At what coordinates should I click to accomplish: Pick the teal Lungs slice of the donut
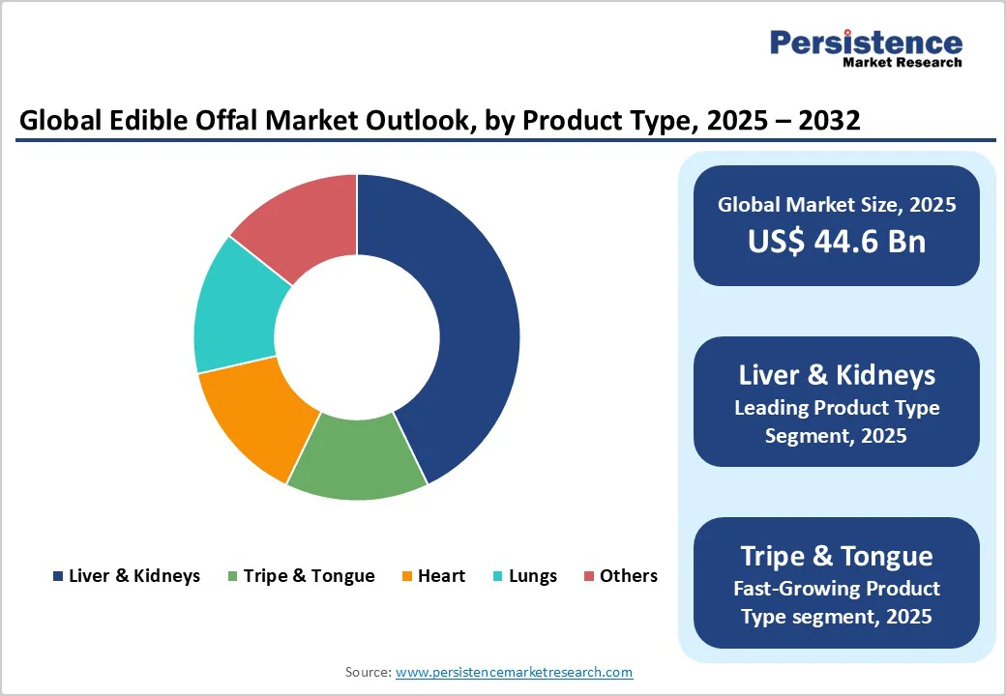click(x=236, y=307)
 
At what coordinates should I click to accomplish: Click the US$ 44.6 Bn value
click(x=837, y=242)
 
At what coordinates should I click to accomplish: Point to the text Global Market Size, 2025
click(x=837, y=205)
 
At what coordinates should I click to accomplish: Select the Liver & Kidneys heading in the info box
click(x=837, y=375)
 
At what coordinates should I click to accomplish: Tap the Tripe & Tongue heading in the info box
click(x=837, y=556)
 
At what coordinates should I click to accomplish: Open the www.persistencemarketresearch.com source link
click(x=515, y=672)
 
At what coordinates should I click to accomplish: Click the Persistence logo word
click(x=866, y=43)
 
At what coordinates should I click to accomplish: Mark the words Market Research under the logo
click(x=902, y=63)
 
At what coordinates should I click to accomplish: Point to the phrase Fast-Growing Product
click(x=837, y=588)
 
